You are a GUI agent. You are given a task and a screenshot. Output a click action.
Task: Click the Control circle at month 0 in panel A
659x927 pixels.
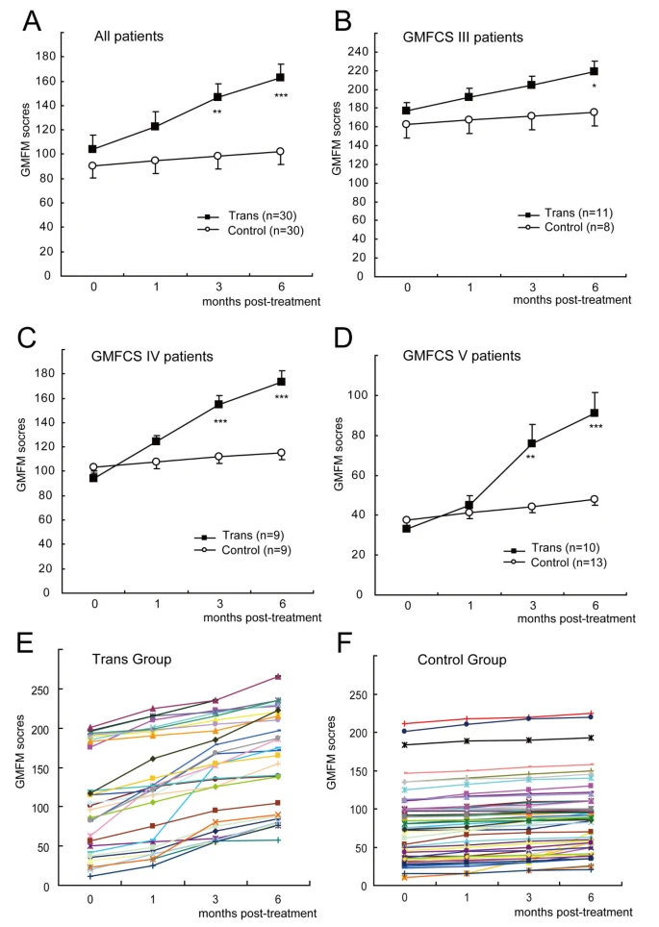click(x=92, y=165)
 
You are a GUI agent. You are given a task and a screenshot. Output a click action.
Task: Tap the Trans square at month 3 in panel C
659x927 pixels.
click(x=219, y=404)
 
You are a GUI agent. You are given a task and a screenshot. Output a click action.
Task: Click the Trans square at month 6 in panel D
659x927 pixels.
click(x=595, y=413)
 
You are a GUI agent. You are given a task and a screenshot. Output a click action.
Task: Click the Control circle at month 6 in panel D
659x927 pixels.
click(x=595, y=500)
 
